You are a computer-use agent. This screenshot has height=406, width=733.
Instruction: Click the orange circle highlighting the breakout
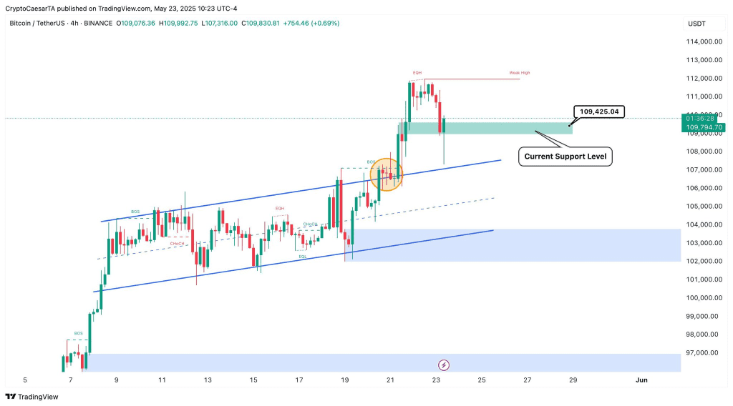click(x=387, y=174)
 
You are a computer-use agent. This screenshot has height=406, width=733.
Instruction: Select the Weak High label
click(x=519, y=73)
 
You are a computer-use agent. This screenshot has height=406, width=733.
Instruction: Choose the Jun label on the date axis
click(x=641, y=380)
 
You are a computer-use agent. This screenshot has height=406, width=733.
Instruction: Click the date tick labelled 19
click(x=345, y=380)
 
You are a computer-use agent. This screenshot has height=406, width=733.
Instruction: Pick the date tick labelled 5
click(x=25, y=380)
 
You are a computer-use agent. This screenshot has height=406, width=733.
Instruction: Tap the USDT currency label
click(x=696, y=24)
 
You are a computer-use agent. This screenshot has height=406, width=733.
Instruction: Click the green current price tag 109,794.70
click(x=705, y=127)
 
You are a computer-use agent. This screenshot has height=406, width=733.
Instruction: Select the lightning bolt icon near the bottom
click(x=443, y=365)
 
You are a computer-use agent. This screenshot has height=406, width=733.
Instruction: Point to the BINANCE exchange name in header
click(x=98, y=23)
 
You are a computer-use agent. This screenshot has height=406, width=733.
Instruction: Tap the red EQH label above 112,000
click(x=417, y=73)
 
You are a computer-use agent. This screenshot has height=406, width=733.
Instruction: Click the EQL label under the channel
click(x=304, y=256)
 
